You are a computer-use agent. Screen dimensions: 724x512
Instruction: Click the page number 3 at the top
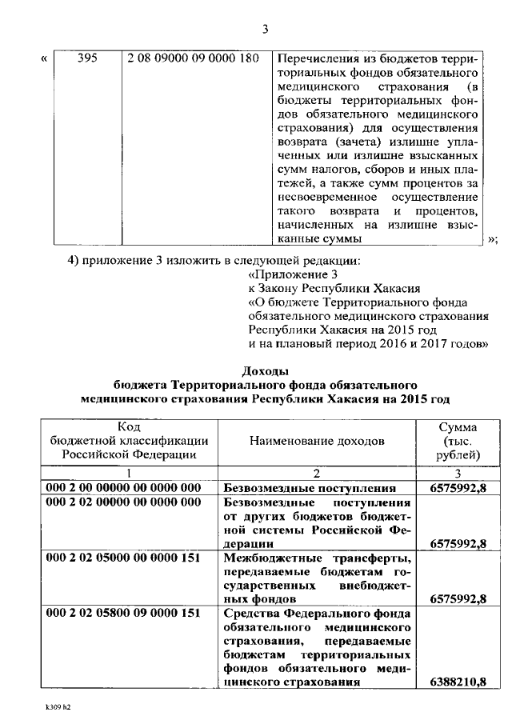[264, 30]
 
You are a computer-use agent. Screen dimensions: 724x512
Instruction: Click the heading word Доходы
[264, 370]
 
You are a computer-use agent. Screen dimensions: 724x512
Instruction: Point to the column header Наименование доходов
[317, 440]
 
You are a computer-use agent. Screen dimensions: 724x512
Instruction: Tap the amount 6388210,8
[458, 682]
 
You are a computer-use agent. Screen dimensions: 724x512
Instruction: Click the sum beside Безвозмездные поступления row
[458, 487]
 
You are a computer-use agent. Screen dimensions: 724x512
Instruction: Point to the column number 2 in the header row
[317, 473]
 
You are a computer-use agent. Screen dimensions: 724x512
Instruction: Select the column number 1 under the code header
[125, 473]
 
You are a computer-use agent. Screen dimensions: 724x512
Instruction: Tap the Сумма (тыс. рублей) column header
[459, 440]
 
